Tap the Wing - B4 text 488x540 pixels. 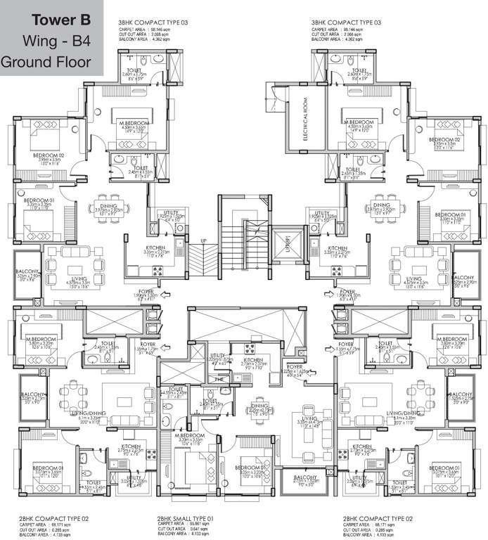coord(52,39)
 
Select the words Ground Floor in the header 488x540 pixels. coord(47,61)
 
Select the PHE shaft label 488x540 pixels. coord(219,380)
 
